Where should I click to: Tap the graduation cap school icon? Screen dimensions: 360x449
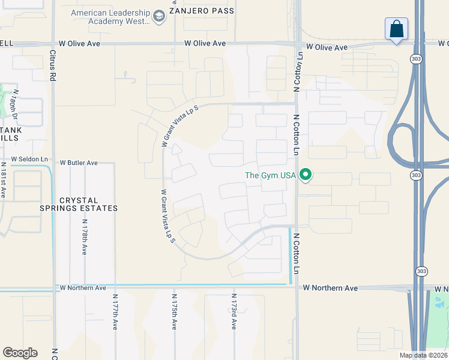pyautogui.click(x=159, y=16)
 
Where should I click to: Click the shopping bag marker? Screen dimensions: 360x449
pyautogui.click(x=396, y=29)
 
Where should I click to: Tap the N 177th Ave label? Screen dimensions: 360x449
pyautogui.click(x=114, y=311)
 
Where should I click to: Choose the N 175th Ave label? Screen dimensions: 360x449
pyautogui.click(x=174, y=311)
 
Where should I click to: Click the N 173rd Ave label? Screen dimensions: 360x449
pyautogui.click(x=234, y=311)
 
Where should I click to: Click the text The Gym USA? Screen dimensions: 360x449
pyautogui.click(x=271, y=176)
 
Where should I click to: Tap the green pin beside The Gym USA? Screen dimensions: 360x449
pyautogui.click(x=306, y=175)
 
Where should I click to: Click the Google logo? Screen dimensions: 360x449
pyautogui.click(x=20, y=353)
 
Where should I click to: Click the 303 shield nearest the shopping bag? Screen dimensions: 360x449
pyautogui.click(x=415, y=59)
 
